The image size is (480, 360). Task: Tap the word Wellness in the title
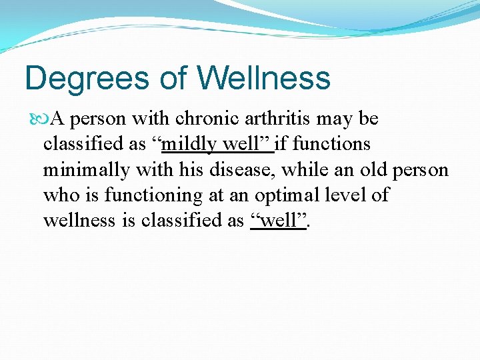coord(264,77)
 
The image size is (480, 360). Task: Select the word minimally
coord(87,170)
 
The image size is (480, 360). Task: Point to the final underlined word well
coord(279,221)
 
